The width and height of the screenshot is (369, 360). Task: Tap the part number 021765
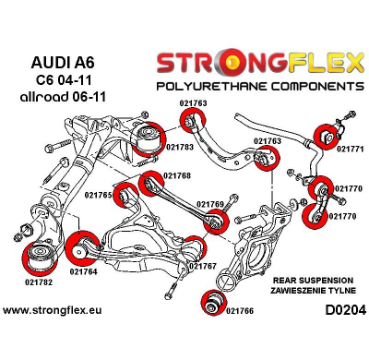(98, 195)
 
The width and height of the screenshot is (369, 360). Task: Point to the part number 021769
(211, 203)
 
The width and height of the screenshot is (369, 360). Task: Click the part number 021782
(40, 281)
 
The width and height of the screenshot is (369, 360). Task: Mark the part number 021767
(203, 266)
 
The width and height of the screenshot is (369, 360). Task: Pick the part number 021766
(240, 310)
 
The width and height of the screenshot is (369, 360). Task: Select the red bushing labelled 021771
(326, 134)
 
